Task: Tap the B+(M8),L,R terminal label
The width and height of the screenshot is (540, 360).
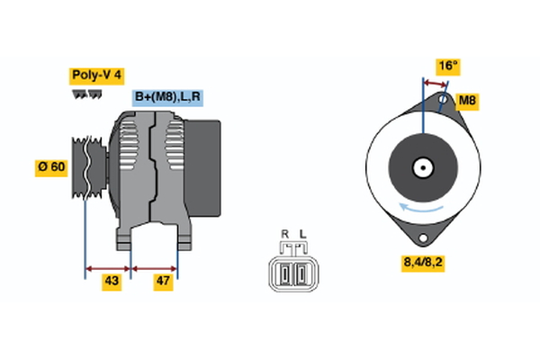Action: (168, 97)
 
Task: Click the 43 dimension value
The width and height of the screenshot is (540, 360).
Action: (111, 282)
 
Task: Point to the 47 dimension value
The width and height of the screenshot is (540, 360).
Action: (164, 282)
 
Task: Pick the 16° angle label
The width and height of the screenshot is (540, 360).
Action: (447, 65)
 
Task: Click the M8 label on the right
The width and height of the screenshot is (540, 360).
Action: (467, 101)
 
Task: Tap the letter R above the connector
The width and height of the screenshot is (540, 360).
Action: (284, 235)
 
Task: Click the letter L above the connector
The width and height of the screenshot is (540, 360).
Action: (302, 235)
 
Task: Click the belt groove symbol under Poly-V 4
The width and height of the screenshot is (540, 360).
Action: (87, 94)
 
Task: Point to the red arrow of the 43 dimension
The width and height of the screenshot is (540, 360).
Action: (108, 267)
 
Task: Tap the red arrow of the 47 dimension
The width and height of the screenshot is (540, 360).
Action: (155, 267)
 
